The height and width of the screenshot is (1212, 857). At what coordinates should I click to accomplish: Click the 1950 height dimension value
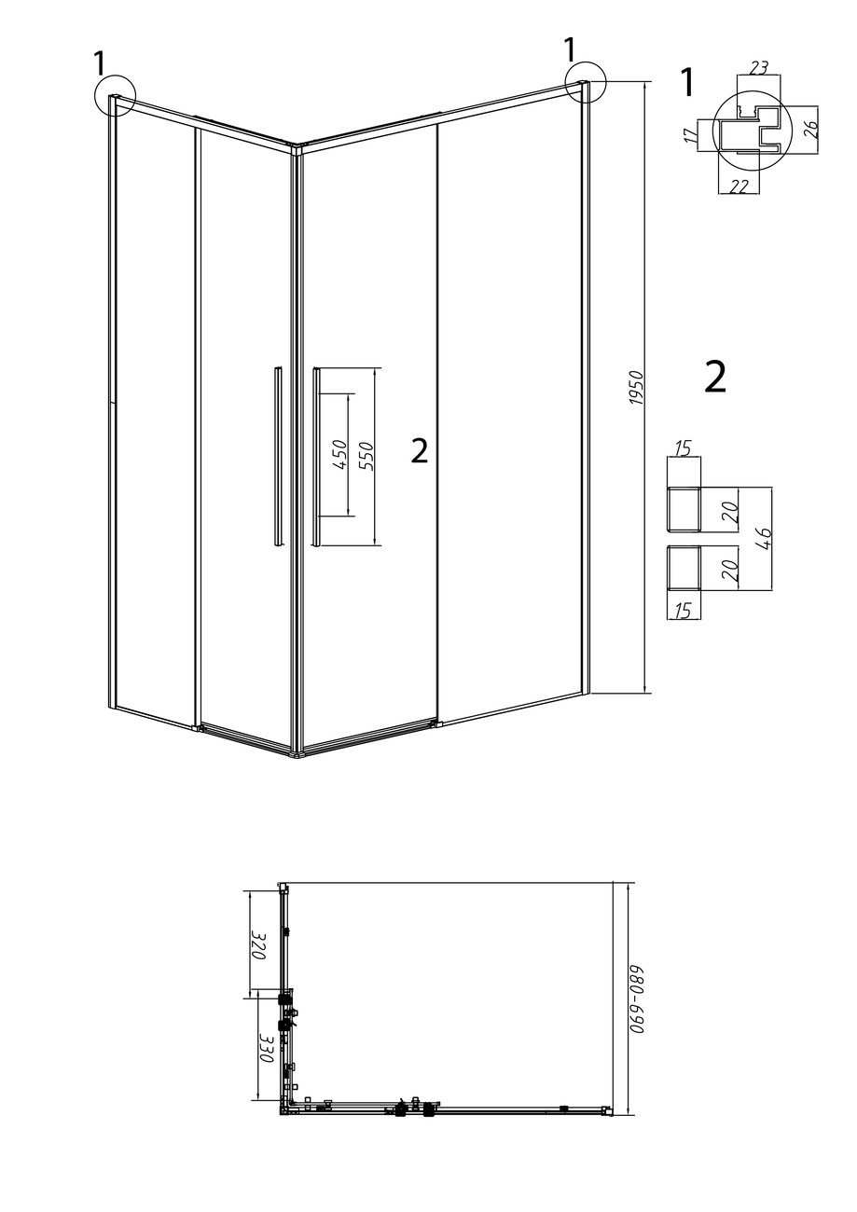(636, 389)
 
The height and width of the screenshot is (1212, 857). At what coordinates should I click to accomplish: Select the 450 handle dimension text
(339, 455)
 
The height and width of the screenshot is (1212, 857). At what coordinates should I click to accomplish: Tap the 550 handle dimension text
(366, 456)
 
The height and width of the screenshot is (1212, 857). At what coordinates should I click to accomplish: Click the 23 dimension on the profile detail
(759, 68)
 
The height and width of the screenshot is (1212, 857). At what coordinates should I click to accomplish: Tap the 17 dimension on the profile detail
(690, 136)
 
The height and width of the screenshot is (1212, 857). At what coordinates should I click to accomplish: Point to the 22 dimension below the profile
(740, 186)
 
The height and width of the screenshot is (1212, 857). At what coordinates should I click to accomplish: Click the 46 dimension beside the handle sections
(764, 537)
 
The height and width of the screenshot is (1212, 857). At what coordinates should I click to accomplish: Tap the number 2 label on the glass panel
(420, 450)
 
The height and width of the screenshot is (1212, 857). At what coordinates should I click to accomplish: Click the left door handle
(277, 456)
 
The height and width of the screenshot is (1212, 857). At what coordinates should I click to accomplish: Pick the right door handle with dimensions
(316, 456)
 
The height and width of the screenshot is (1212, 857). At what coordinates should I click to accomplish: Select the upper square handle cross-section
(684, 509)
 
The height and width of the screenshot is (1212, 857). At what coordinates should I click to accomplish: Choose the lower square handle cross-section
(684, 568)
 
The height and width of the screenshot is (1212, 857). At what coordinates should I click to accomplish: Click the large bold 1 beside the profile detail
(687, 83)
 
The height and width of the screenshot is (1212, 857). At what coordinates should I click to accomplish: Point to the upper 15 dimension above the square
(684, 449)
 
